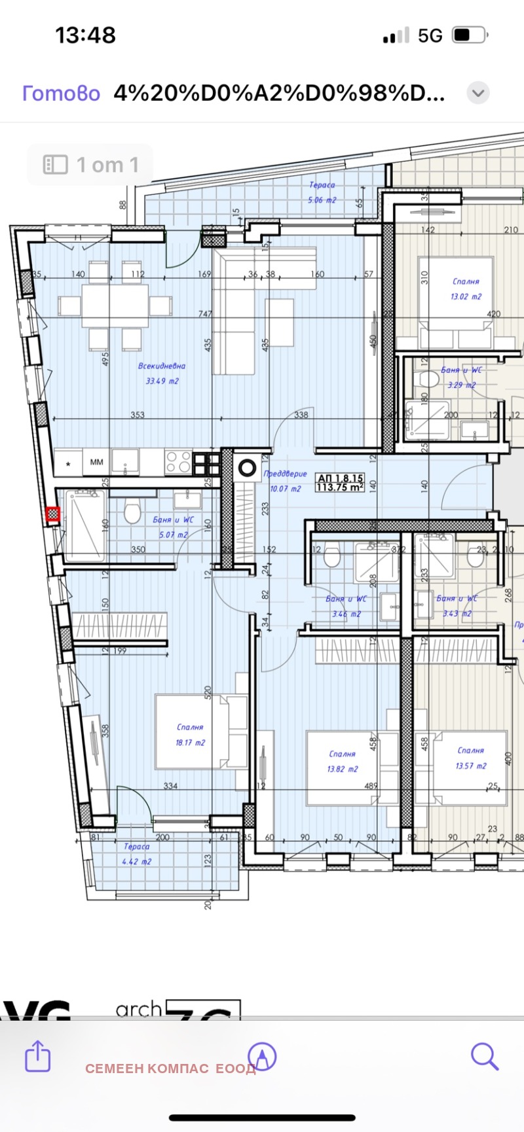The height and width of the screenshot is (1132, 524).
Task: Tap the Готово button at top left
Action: pyautogui.click(x=61, y=93)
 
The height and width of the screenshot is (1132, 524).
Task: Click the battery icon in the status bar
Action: pyautogui.click(x=469, y=35)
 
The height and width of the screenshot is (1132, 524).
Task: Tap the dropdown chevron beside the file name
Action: pyautogui.click(x=478, y=93)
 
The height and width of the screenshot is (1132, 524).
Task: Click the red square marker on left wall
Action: pyautogui.click(x=53, y=515)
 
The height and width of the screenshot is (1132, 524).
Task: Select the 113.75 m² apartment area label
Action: pyautogui.click(x=339, y=487)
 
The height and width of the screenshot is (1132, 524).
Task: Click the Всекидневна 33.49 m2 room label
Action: pyautogui.click(x=162, y=373)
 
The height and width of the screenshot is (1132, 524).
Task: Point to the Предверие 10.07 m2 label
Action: pyautogui.click(x=284, y=480)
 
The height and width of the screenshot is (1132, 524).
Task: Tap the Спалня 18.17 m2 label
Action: pyautogui.click(x=190, y=734)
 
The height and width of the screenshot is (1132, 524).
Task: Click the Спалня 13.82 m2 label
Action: pyautogui.click(x=342, y=761)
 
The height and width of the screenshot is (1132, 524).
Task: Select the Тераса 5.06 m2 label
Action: pyautogui.click(x=322, y=192)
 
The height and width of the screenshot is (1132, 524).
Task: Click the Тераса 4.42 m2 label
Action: pyautogui.click(x=136, y=854)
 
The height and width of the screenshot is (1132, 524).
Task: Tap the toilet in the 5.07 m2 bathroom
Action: pyautogui.click(x=132, y=512)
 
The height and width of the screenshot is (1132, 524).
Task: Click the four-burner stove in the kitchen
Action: pyautogui.click(x=178, y=462)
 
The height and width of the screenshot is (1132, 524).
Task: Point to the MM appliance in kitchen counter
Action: pyautogui.click(x=96, y=462)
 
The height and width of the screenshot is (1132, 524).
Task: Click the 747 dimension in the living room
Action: pyautogui.click(x=205, y=314)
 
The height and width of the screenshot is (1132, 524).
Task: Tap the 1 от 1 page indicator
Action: pyautogui.click(x=90, y=165)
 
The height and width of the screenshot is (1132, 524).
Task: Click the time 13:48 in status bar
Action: pyautogui.click(x=85, y=35)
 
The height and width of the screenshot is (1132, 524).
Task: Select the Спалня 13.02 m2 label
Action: pyautogui.click(x=466, y=289)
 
